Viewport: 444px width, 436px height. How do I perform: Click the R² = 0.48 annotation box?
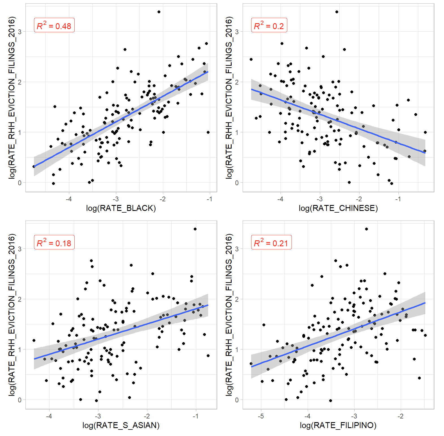click(x=54, y=25)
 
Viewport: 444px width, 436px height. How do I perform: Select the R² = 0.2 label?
click(x=269, y=25)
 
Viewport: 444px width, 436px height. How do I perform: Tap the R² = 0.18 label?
click(x=54, y=243)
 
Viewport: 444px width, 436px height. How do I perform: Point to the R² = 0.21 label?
click(x=271, y=243)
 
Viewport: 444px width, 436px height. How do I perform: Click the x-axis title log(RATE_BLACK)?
click(x=121, y=208)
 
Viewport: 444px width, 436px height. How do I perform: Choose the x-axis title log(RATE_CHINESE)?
click(x=338, y=208)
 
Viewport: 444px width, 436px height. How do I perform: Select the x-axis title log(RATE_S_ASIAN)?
click(x=121, y=426)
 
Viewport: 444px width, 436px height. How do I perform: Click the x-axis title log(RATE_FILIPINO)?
click(x=338, y=426)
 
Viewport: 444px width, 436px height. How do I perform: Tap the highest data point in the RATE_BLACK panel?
click(x=159, y=12)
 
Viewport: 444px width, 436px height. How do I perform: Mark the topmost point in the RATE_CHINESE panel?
click(x=337, y=12)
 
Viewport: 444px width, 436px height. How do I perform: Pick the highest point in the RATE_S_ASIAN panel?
click(x=195, y=229)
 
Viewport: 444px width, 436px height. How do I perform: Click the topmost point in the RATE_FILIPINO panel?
click(x=367, y=229)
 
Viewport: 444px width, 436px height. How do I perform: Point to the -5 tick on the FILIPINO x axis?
click(x=261, y=416)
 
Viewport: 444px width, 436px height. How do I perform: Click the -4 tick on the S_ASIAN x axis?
click(x=49, y=416)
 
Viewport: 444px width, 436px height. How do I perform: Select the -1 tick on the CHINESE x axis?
click(x=398, y=199)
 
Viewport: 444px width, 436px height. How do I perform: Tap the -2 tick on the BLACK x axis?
click(x=163, y=199)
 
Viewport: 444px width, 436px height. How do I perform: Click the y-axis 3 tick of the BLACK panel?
click(x=20, y=32)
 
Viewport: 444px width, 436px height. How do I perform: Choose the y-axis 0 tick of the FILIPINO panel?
click(x=237, y=400)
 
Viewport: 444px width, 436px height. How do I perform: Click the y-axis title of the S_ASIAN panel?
click(x=12, y=315)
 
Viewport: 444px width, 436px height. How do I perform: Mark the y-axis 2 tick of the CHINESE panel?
click(x=237, y=82)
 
